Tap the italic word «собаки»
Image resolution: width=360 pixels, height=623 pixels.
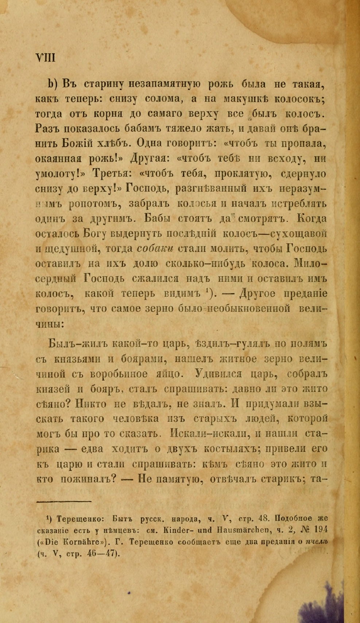(x=156, y=248)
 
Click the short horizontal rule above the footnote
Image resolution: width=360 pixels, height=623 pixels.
(x=64, y=502)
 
